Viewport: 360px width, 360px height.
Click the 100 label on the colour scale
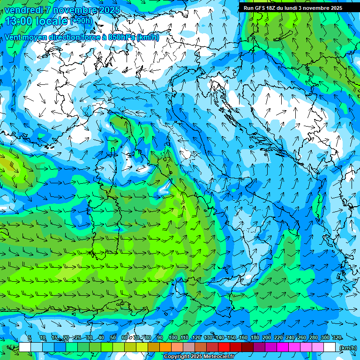(173, 338)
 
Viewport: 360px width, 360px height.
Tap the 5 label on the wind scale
(30, 338)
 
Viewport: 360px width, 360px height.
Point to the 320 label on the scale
(337, 338)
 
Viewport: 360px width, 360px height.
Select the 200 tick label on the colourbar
(267, 338)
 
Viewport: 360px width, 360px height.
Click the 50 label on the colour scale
(113, 338)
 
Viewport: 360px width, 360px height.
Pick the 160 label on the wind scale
(243, 338)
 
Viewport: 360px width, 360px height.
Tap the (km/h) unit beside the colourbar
(348, 348)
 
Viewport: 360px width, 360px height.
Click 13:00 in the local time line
(19, 21)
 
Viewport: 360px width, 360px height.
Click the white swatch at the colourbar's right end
(330, 347)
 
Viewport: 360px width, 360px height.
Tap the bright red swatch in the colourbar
(224, 347)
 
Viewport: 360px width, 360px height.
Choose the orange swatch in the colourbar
(165, 347)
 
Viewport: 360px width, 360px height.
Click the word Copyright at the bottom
(177, 357)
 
